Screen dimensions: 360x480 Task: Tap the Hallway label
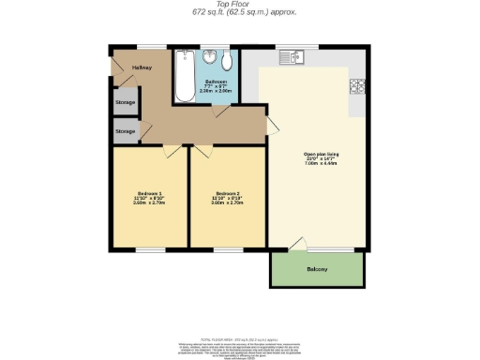[142, 67]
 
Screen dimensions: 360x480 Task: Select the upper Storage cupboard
[125, 100]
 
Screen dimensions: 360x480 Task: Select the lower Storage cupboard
[125, 131]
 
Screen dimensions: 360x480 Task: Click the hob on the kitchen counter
[356, 87]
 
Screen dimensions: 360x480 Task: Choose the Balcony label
[317, 270]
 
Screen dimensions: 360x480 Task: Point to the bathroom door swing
[220, 112]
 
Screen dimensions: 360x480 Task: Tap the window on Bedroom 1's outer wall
[149, 250]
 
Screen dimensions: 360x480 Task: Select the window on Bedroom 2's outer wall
[228, 250]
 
